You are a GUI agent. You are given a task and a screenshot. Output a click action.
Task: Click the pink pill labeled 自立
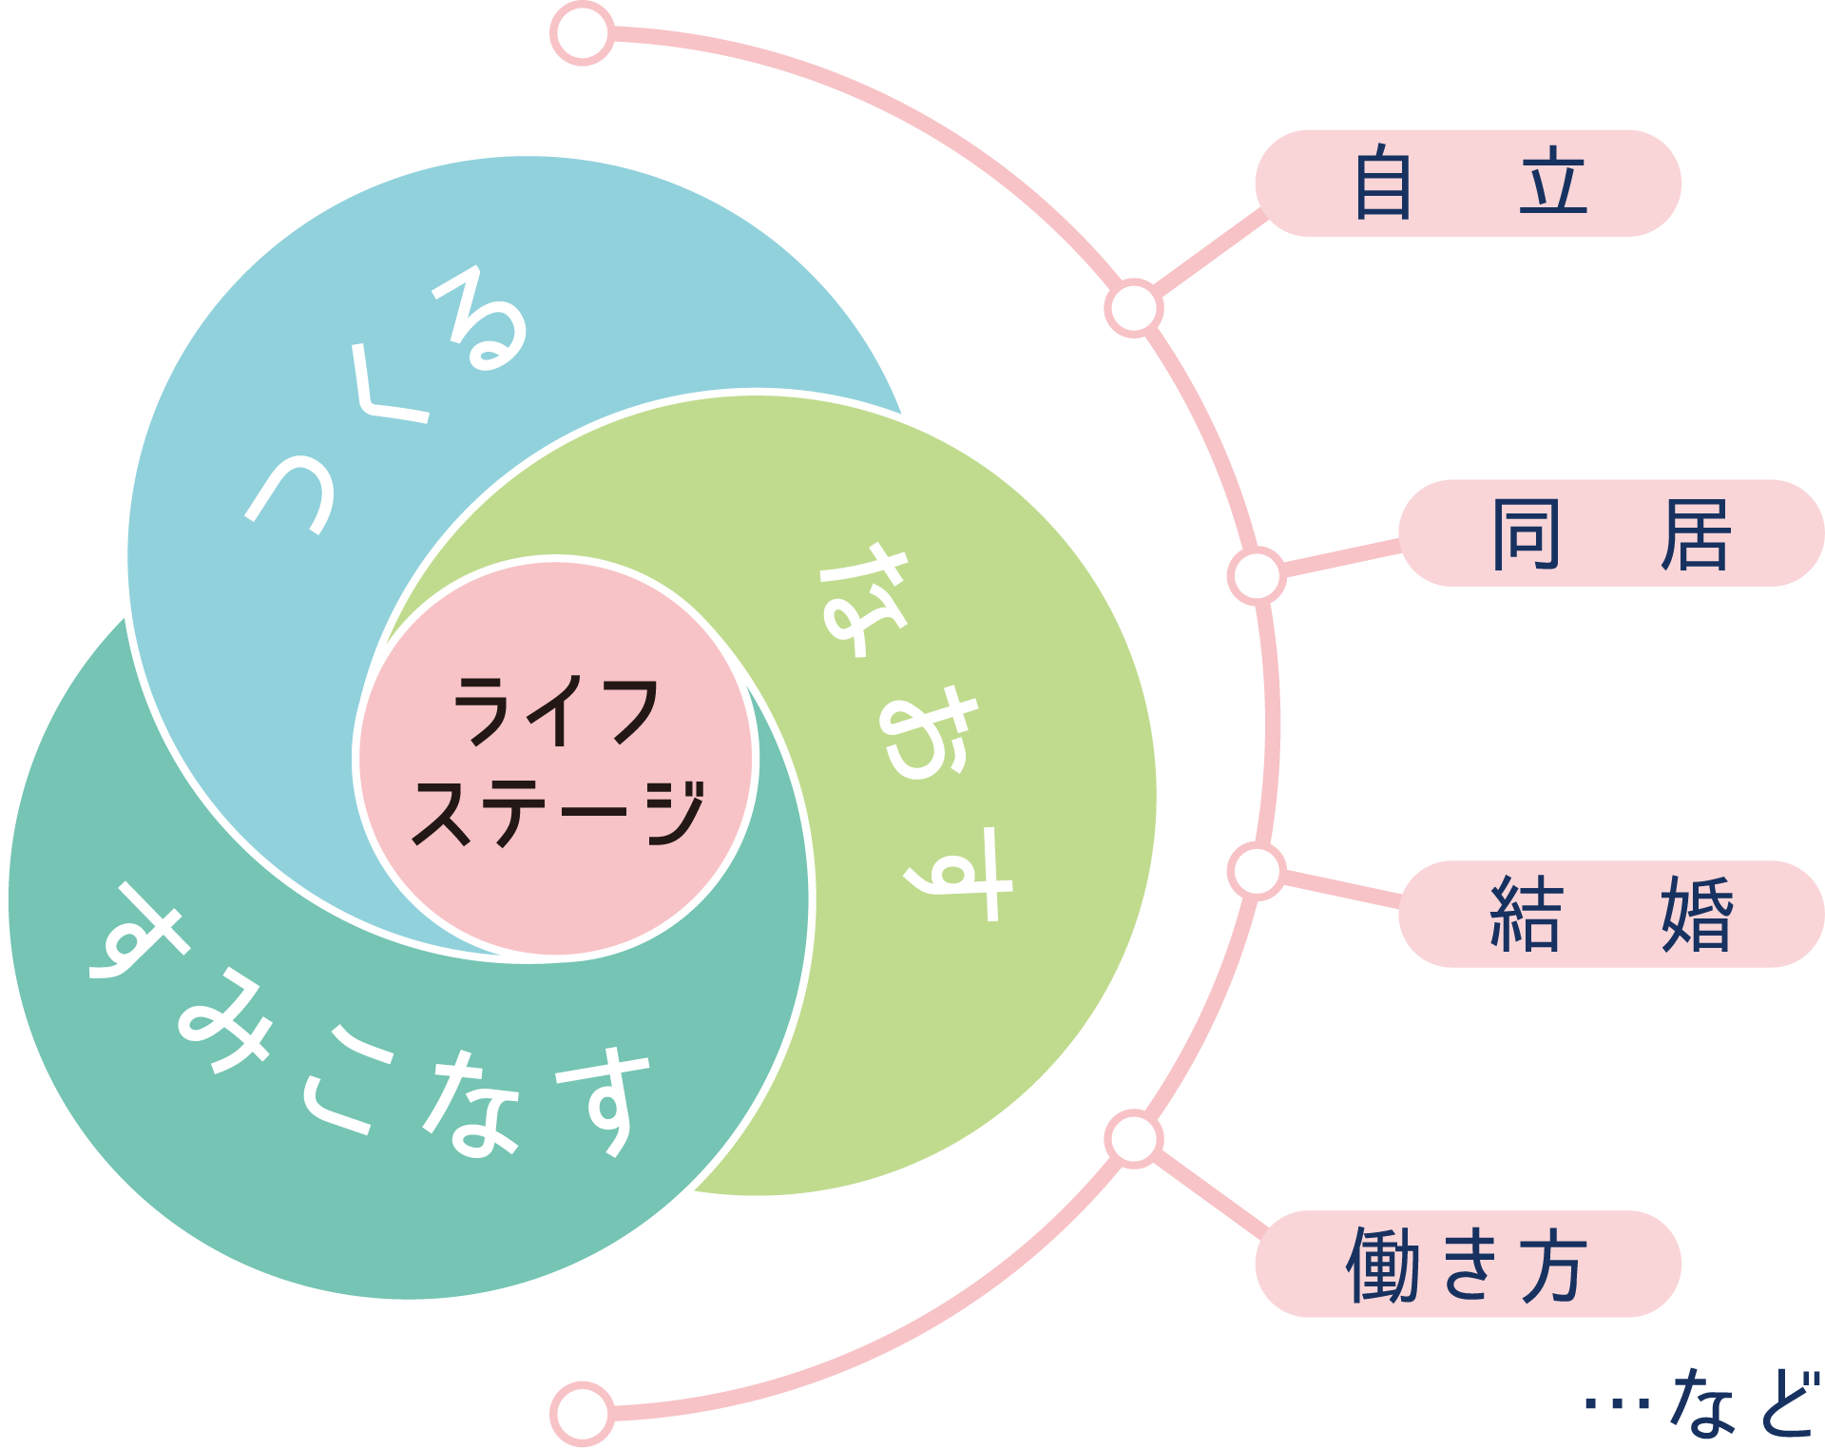tap(1468, 183)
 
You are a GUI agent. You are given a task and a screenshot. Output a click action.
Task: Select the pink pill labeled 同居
tap(1610, 533)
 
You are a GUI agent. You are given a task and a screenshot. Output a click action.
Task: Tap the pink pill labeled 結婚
tap(1610, 914)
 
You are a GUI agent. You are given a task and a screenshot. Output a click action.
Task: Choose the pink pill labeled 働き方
tap(1468, 1264)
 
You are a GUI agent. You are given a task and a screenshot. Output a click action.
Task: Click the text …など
tap(1701, 1403)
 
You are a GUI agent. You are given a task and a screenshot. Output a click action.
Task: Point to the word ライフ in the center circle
tap(556, 710)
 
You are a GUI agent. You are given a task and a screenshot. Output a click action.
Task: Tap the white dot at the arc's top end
tap(583, 33)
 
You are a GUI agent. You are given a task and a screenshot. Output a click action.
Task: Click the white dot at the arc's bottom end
tap(582, 1413)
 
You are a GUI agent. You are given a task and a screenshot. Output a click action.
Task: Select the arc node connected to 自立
tap(1133, 308)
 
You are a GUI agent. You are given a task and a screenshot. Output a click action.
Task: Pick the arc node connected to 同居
tap(1256, 575)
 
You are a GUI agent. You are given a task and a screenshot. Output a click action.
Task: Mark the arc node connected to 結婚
tap(1256, 872)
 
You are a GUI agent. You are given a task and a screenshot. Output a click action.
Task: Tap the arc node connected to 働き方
tap(1133, 1139)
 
